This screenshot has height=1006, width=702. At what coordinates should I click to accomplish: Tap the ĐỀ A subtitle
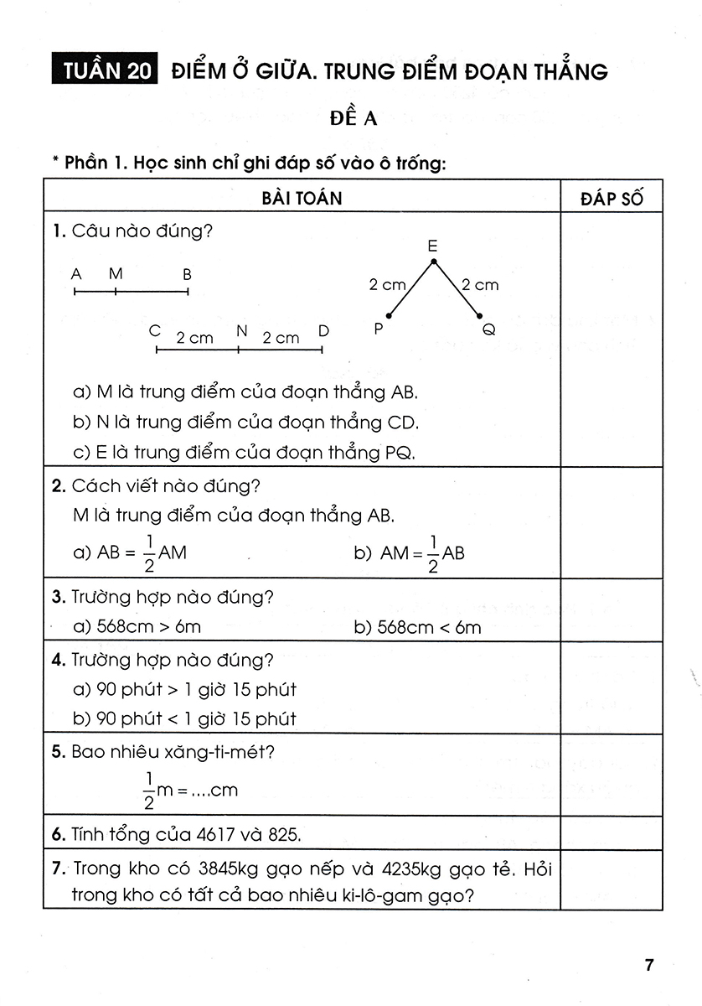click(x=352, y=119)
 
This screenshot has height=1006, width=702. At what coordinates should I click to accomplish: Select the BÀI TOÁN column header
click(x=302, y=198)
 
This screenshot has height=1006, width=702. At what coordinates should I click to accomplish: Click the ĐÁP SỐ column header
click(x=612, y=198)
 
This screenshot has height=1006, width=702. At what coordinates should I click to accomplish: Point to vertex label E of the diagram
click(x=432, y=246)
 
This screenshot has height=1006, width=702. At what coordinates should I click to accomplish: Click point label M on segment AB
click(x=116, y=273)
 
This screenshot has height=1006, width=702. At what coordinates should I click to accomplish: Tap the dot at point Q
click(x=480, y=317)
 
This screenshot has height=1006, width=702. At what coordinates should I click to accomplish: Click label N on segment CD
click(x=241, y=330)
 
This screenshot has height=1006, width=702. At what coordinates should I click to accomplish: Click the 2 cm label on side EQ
click(x=480, y=285)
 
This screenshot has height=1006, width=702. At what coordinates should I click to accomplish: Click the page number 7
click(x=648, y=965)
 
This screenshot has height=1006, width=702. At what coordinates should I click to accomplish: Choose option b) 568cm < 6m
click(x=417, y=626)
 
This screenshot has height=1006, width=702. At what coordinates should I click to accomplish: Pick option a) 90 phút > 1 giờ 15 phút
click(x=185, y=689)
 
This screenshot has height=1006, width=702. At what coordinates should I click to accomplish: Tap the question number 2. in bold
click(x=59, y=485)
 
